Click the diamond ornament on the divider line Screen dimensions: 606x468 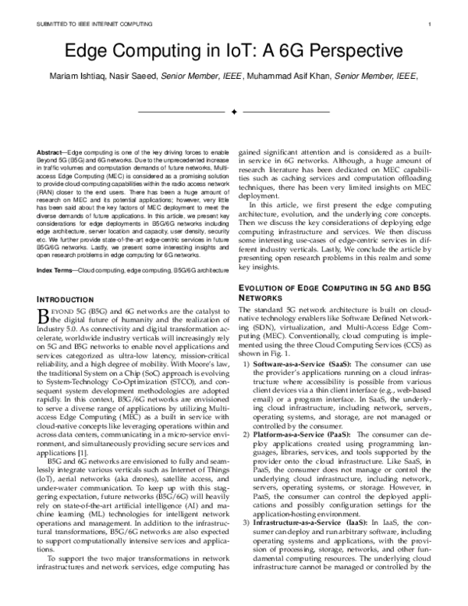coord(233,113)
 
